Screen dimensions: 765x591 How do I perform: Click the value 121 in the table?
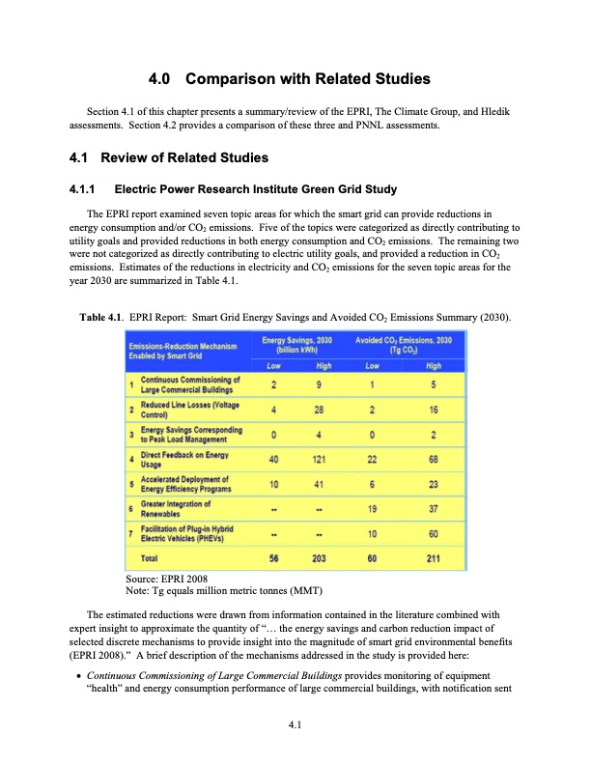coord(319,459)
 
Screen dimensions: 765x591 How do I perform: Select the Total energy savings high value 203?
coord(319,557)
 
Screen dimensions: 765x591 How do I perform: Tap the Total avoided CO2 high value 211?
coord(434,557)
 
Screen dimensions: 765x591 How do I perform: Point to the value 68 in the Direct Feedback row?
coord(434,459)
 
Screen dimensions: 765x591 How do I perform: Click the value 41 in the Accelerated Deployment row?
coord(319,483)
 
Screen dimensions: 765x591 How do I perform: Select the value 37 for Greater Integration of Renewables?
coord(434,508)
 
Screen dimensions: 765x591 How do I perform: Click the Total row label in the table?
coord(151,557)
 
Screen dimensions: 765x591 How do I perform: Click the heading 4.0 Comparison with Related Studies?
coord(295,78)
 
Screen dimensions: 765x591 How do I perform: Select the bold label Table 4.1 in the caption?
coord(98,315)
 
